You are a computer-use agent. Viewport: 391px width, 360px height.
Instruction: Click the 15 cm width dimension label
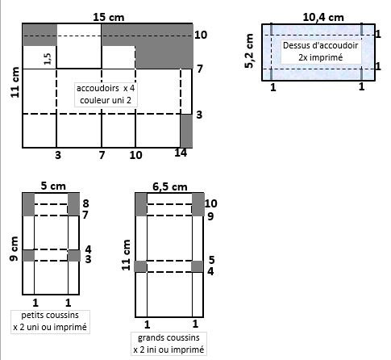[109, 18]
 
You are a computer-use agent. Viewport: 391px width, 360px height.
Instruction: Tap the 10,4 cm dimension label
[323, 18]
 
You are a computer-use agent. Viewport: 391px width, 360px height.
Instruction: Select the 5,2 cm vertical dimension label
[249, 51]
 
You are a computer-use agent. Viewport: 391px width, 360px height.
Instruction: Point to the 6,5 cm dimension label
[170, 186]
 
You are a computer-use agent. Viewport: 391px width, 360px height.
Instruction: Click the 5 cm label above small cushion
[53, 186]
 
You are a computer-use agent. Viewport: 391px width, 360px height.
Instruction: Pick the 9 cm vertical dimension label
[14, 249]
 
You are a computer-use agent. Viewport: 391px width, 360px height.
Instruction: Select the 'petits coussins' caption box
[50, 322]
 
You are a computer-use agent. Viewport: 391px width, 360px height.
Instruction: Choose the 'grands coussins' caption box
[168, 344]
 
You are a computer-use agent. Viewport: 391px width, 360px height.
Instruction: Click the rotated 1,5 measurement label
[48, 59]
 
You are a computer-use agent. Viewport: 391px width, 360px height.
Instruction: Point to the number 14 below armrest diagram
[181, 153]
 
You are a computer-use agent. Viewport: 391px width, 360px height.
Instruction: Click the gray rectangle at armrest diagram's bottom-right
[186, 131]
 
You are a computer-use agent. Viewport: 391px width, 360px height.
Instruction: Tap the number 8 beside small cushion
[85, 203]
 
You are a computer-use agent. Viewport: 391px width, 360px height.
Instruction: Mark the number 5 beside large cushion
[211, 260]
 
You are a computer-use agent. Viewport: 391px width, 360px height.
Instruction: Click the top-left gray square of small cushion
[28, 204]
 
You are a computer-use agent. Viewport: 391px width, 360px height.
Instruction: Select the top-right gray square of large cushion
[198, 204]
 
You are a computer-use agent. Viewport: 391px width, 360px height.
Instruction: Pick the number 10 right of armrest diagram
[201, 35]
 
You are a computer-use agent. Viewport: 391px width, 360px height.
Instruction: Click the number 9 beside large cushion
[210, 216]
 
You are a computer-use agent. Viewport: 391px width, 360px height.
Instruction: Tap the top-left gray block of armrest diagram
[40, 35]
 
